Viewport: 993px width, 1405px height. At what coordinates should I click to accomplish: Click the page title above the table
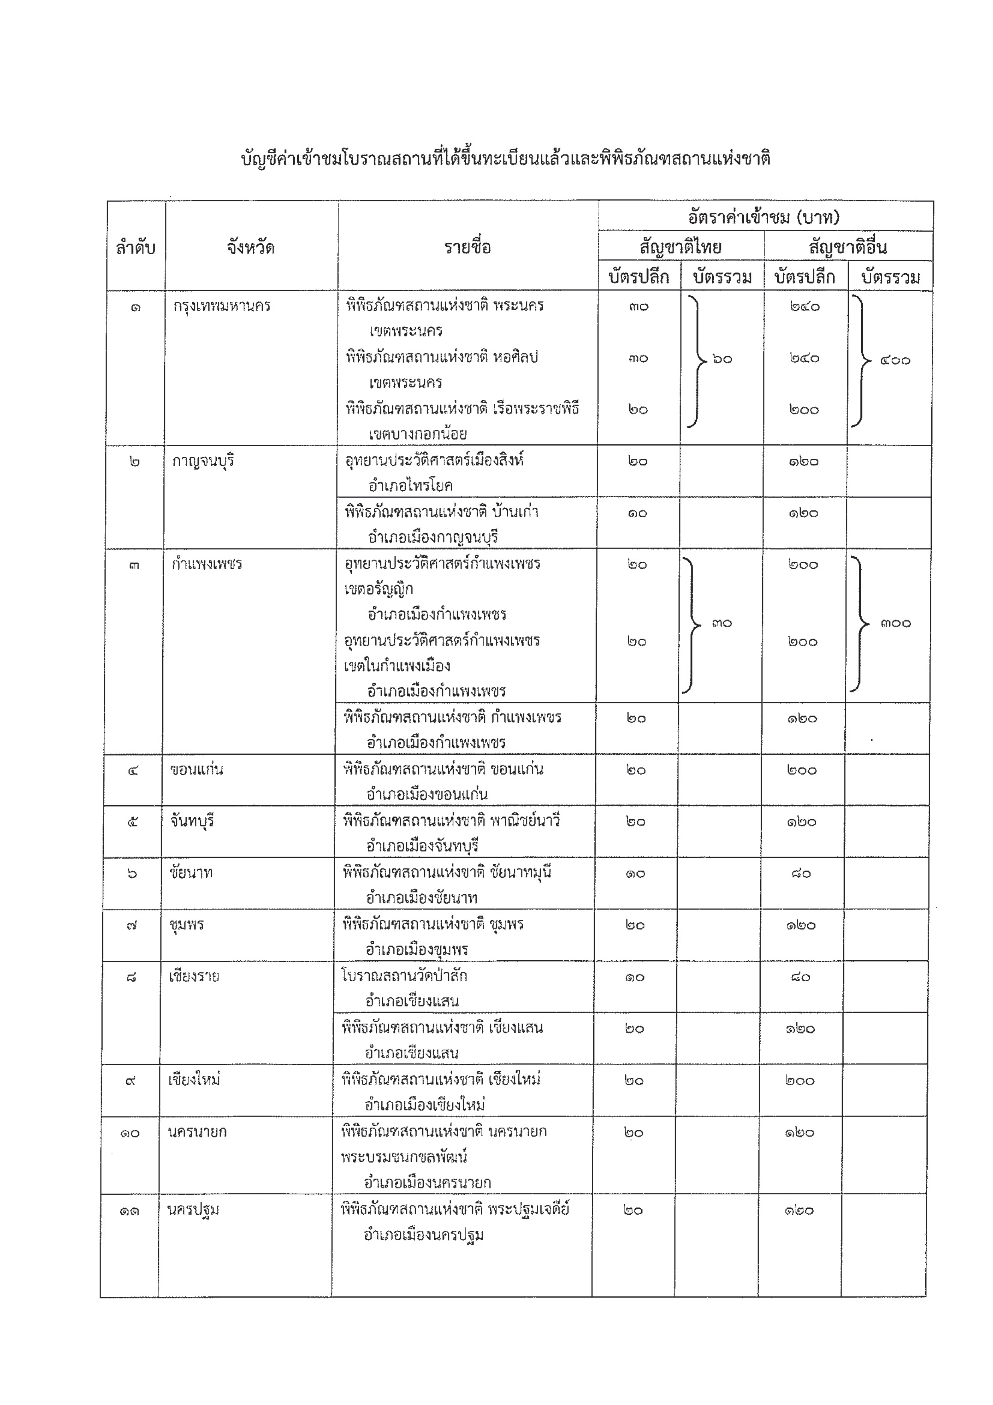[x=506, y=159]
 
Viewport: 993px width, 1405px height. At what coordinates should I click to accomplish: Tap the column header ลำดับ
[x=135, y=248]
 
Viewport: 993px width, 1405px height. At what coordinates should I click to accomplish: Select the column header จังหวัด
[x=250, y=248]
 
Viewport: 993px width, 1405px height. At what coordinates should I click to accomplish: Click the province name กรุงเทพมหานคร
[x=222, y=305]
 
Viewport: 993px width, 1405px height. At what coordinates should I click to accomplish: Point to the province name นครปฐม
[x=193, y=1209]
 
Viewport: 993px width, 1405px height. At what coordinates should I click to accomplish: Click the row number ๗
[x=131, y=925]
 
